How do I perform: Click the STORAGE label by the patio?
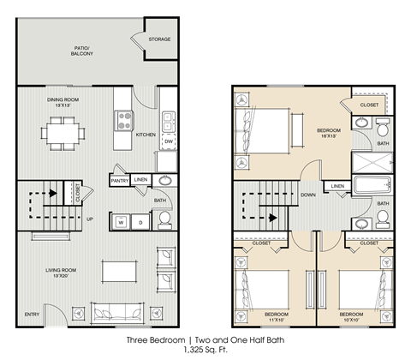159,39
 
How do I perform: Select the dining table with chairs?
66,133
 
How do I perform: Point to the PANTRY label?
120,180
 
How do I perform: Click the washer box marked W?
121,221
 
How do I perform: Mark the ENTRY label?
33,312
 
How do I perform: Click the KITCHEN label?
146,135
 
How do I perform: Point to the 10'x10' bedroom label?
354,317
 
